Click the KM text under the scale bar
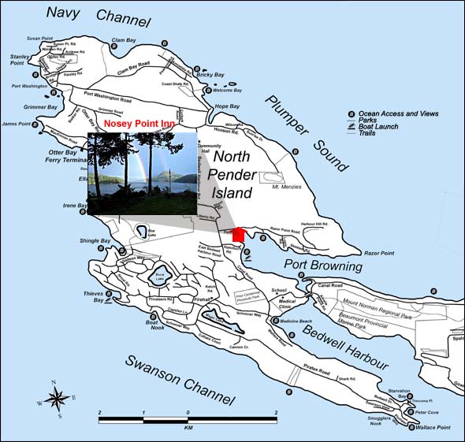pos(188,431)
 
